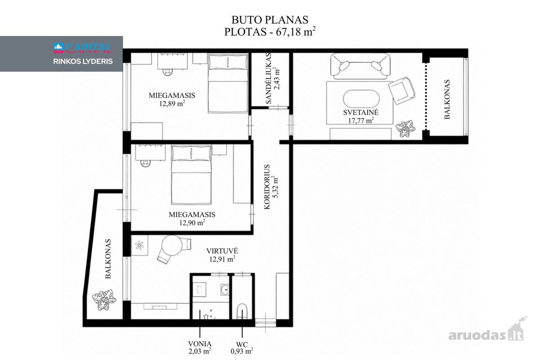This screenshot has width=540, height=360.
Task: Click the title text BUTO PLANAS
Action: click(x=270, y=20)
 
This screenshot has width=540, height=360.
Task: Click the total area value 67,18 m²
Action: click(x=296, y=31)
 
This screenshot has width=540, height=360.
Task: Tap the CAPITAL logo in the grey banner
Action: click(x=82, y=48)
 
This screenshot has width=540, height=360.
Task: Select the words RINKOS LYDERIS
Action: click(x=83, y=62)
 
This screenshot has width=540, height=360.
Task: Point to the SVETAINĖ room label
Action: click(x=361, y=112)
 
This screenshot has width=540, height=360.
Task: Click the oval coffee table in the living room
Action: click(x=361, y=99)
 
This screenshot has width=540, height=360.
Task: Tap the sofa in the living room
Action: click(x=360, y=66)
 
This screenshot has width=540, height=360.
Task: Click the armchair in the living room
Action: click(x=402, y=90)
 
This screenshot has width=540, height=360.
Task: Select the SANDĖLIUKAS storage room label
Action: click(x=268, y=79)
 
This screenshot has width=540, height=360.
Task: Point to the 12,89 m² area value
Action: click(x=172, y=103)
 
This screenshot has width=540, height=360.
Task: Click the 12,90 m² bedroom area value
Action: click(x=192, y=223)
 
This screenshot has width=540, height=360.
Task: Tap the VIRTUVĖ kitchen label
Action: click(x=222, y=251)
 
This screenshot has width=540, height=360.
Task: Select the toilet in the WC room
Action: click(x=242, y=311)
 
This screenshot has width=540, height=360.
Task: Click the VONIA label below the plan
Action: click(x=200, y=344)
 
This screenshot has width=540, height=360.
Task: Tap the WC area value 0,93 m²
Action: click(x=242, y=351)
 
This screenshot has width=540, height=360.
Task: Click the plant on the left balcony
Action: click(x=104, y=300)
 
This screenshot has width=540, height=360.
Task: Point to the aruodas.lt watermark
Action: click(x=487, y=330)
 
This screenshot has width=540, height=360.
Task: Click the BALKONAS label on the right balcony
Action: click(x=447, y=99)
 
